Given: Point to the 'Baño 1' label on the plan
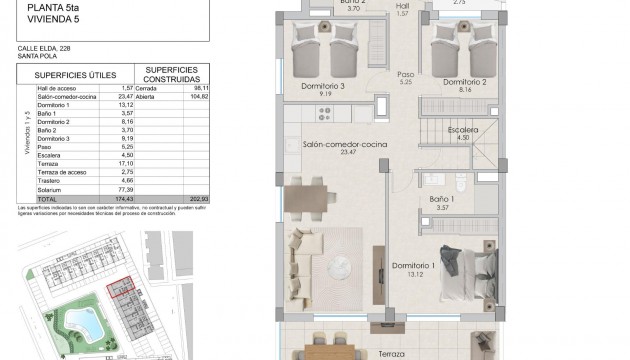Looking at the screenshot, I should click(x=442, y=200).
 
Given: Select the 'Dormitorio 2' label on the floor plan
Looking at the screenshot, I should click(x=465, y=81).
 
